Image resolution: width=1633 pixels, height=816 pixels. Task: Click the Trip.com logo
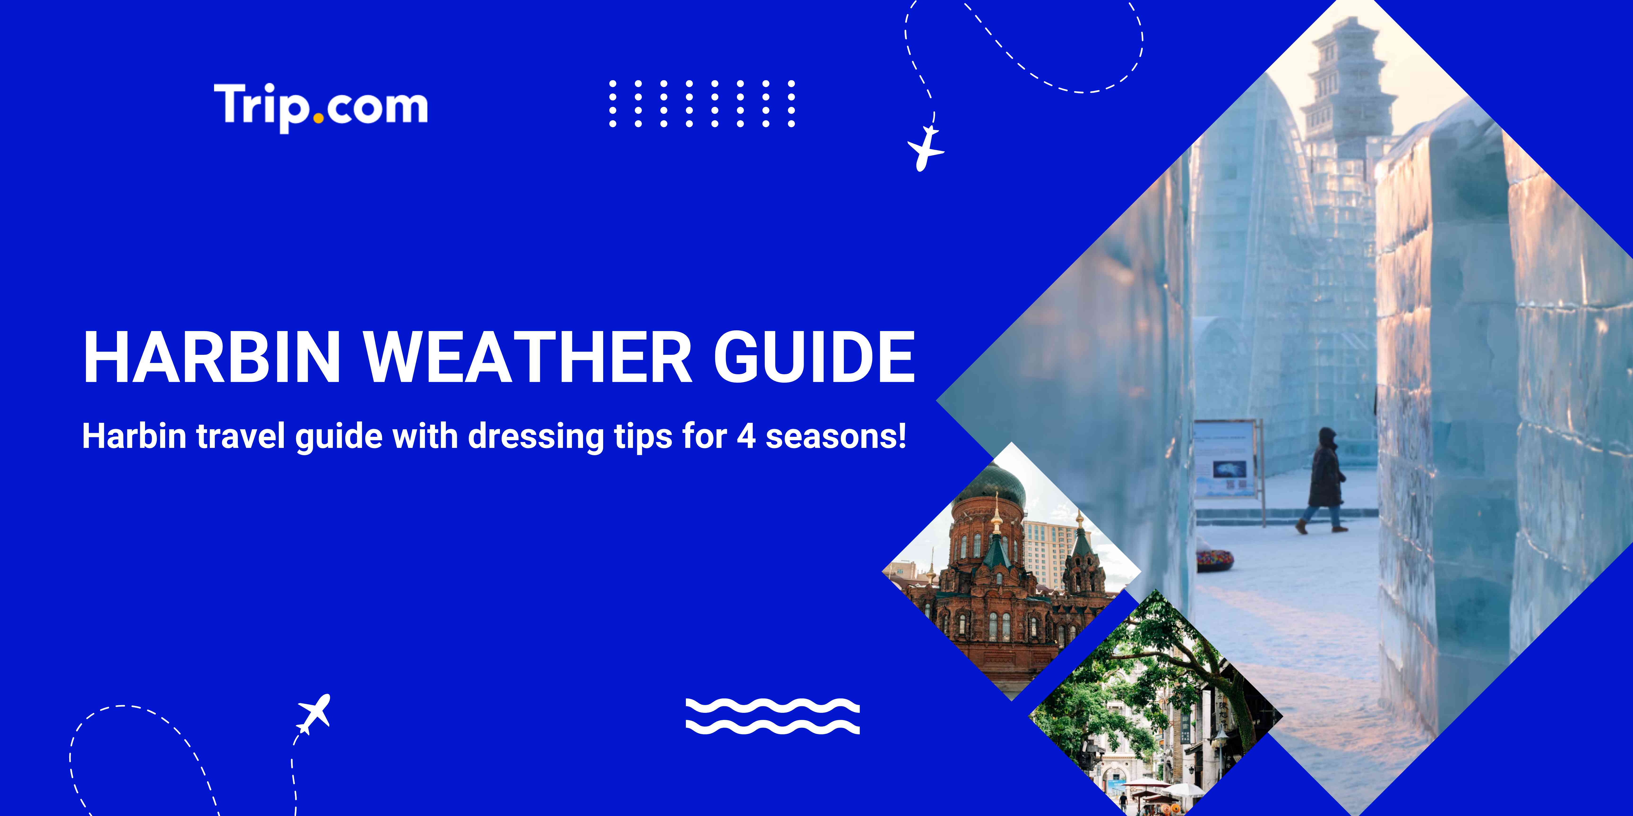(321, 106)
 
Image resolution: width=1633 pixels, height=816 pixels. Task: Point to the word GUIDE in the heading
(815, 357)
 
